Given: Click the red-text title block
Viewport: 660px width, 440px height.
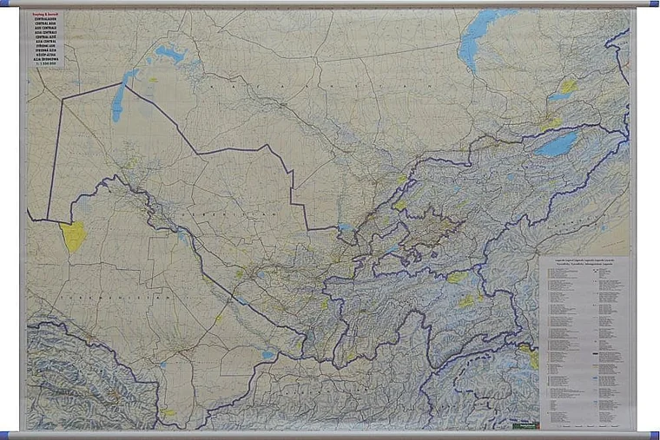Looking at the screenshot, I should coord(45,34).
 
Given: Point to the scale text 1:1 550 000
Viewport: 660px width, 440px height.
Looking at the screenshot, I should coord(45,65).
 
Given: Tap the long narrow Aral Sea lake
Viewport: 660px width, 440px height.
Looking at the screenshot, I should coord(118,100).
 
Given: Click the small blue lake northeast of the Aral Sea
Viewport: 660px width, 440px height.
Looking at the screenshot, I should coord(170,55).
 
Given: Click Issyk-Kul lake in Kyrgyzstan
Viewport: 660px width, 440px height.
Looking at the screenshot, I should coord(557,143).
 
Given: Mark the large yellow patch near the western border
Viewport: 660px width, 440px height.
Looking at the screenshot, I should coord(74,236).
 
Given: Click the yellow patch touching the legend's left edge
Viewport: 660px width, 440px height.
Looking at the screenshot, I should coord(532,356).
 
